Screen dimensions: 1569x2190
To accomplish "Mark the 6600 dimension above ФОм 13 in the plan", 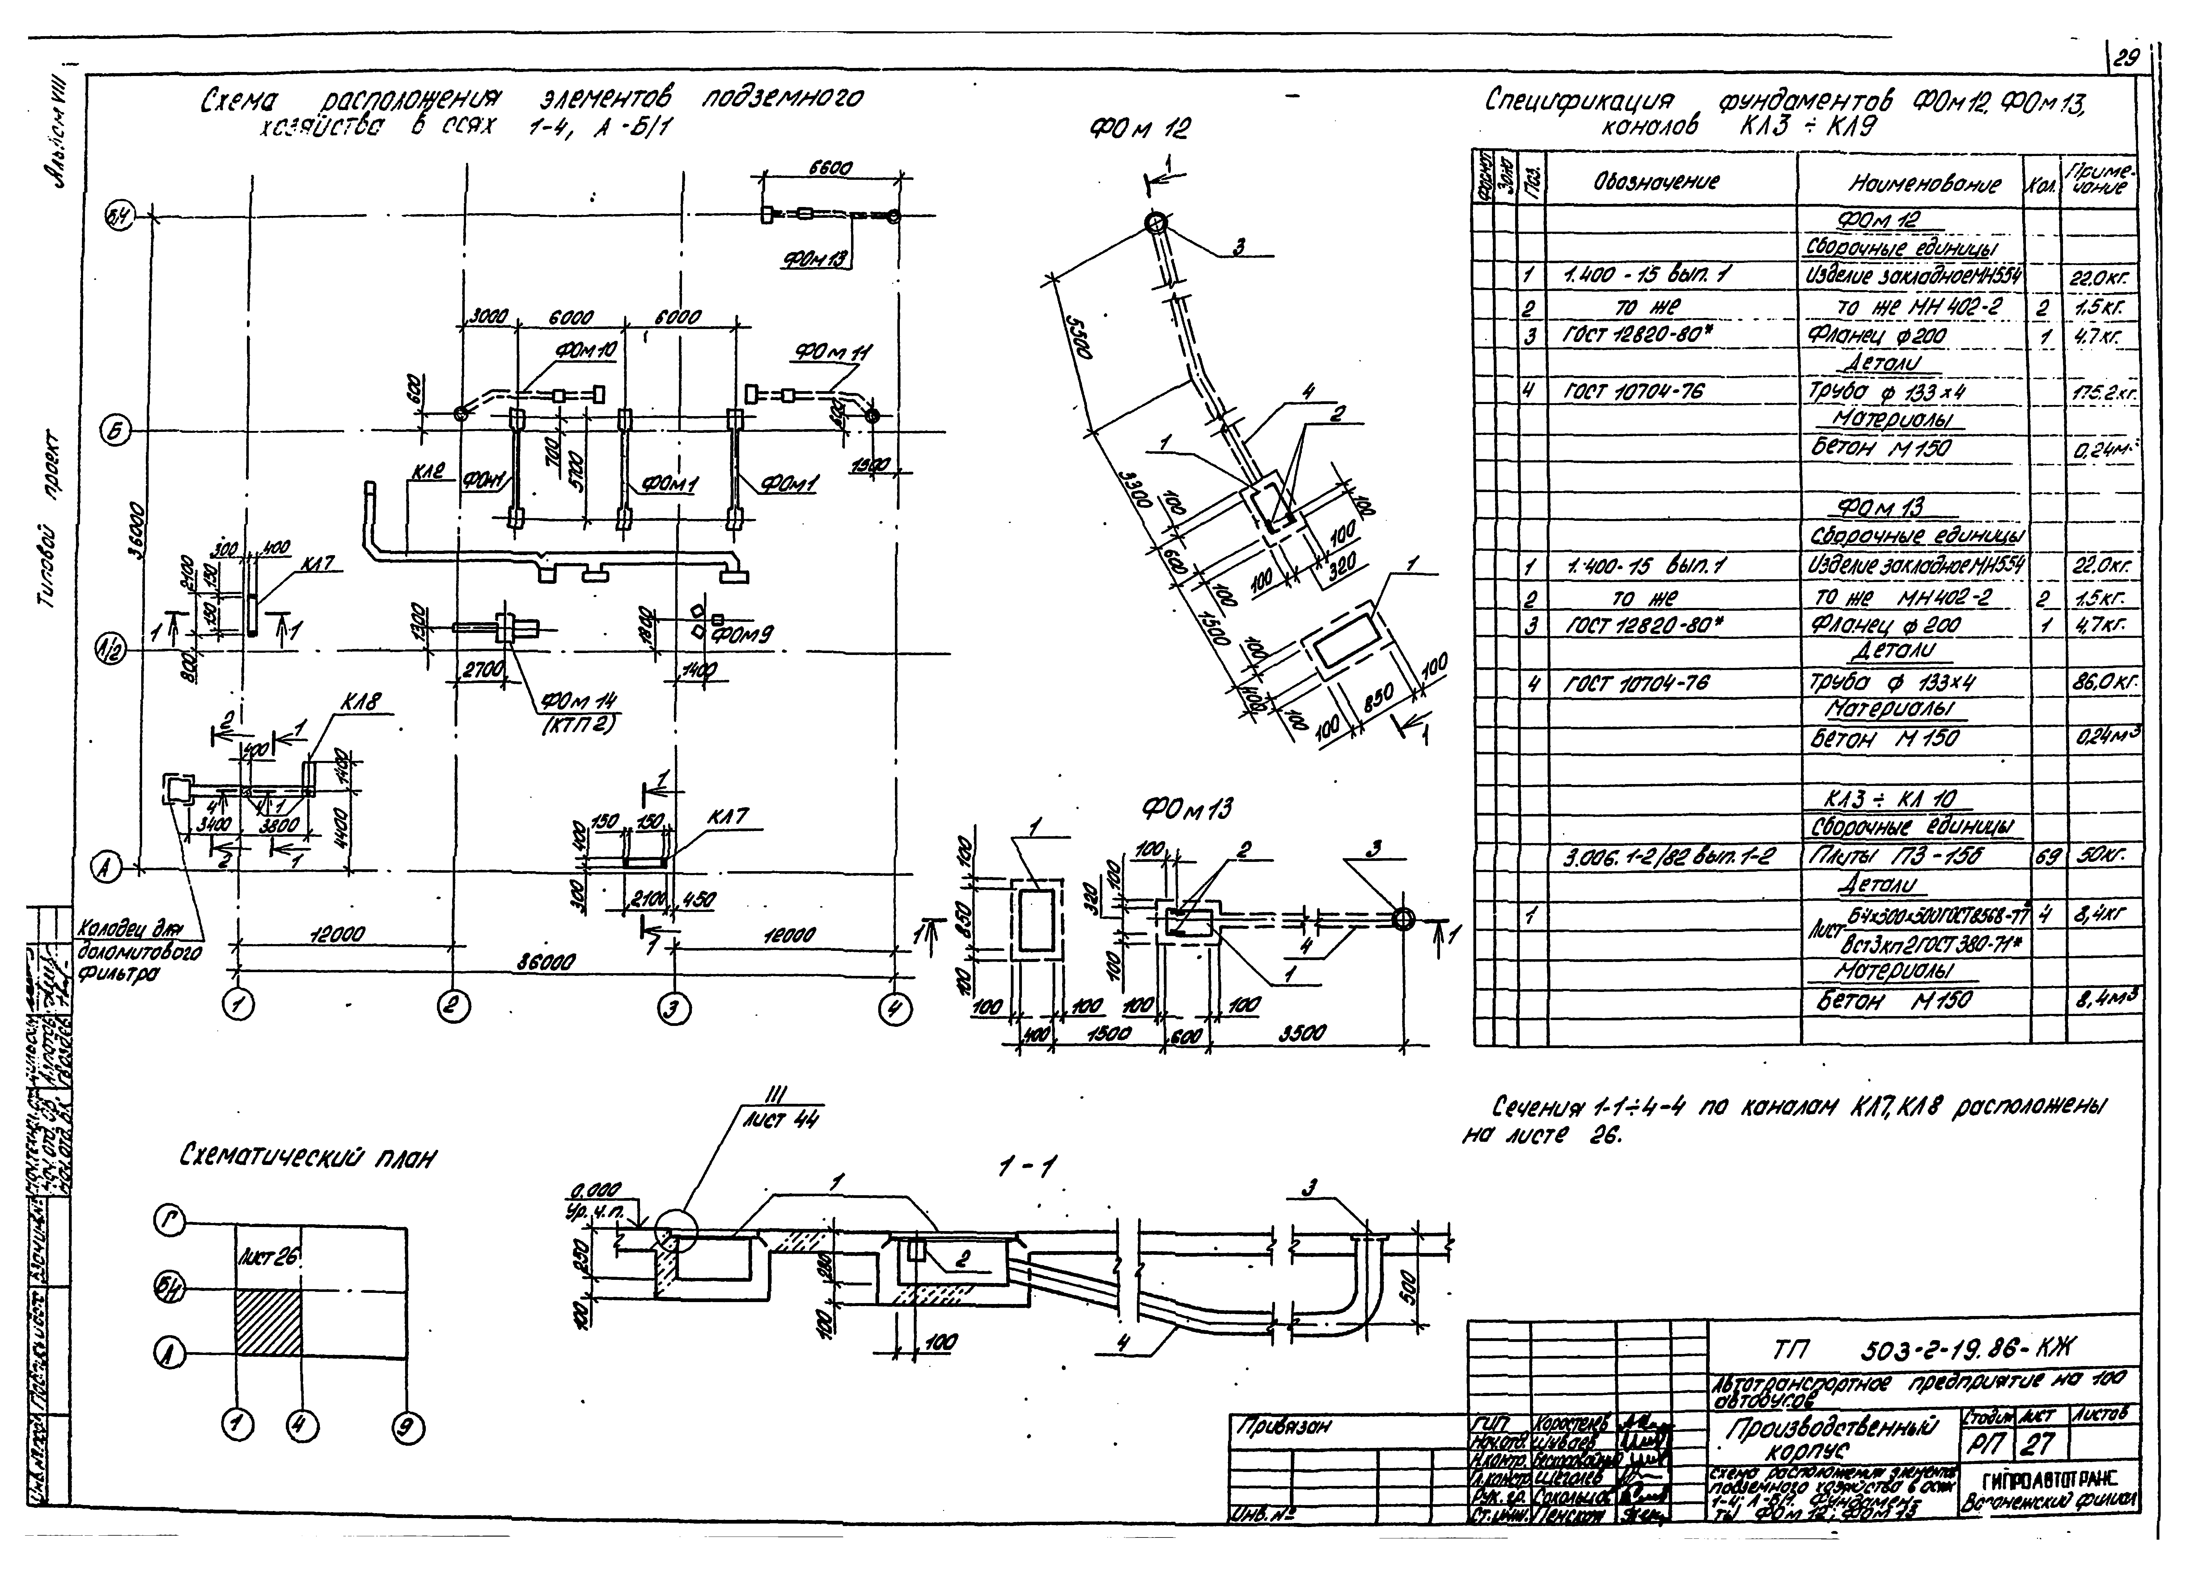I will [830, 168].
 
